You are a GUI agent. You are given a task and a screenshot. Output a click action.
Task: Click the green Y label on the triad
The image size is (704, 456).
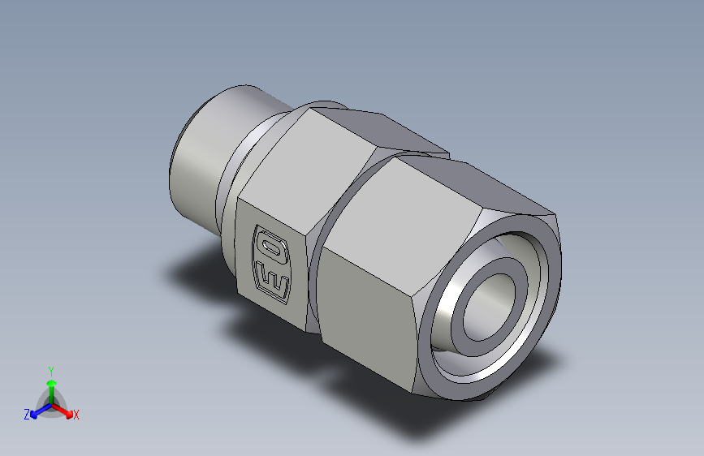point(50,369)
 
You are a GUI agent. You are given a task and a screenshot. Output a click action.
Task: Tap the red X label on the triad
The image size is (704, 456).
point(76,415)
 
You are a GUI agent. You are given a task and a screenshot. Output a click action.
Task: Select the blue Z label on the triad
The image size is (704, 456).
point(27,415)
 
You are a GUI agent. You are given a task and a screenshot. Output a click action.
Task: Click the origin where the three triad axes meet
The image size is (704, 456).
point(51,403)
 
